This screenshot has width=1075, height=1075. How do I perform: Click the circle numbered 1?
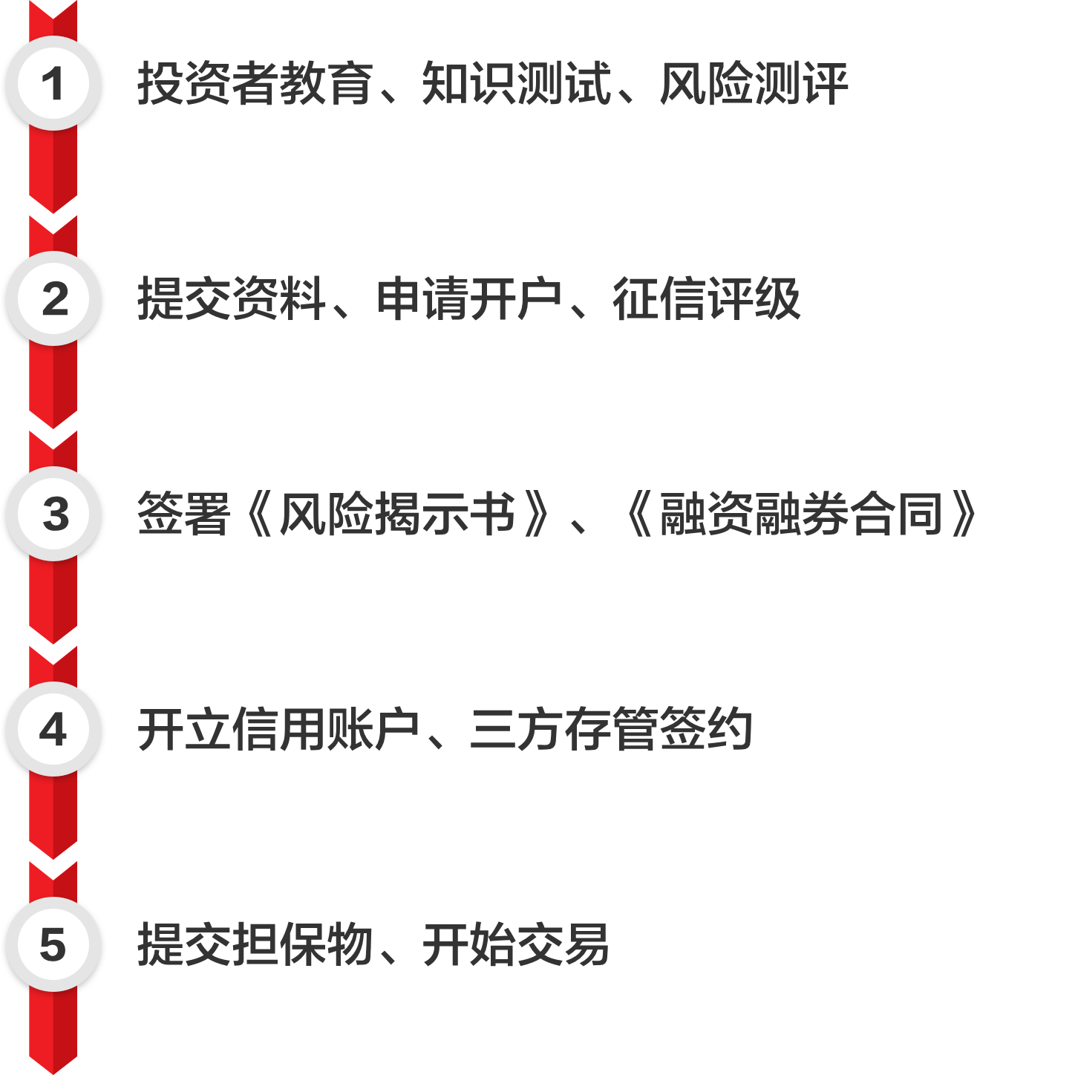click(x=53, y=83)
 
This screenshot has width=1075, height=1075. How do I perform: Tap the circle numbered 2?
click(x=53, y=298)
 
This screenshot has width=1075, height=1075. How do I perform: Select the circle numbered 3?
click(x=53, y=514)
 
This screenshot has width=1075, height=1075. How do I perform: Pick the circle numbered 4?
click(x=53, y=729)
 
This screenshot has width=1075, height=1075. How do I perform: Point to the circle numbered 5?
click(x=53, y=944)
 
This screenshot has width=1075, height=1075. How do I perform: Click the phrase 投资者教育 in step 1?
click(x=255, y=83)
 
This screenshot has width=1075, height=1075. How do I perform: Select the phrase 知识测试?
click(x=517, y=83)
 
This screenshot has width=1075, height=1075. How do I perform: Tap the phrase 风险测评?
click(x=754, y=83)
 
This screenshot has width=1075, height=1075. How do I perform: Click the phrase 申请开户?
click(x=469, y=298)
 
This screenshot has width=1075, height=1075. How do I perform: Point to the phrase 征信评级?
click(x=706, y=298)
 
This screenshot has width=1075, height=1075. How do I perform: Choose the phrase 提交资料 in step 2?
click(x=231, y=298)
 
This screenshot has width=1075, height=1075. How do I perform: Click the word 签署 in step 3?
click(x=183, y=514)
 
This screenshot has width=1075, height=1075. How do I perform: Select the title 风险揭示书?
click(x=397, y=514)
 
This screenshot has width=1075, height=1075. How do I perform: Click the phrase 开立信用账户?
click(x=278, y=729)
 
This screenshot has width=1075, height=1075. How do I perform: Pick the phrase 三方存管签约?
click(x=611, y=729)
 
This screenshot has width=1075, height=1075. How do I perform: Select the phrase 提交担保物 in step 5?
click(x=255, y=944)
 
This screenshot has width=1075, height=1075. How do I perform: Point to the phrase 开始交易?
click(x=516, y=944)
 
